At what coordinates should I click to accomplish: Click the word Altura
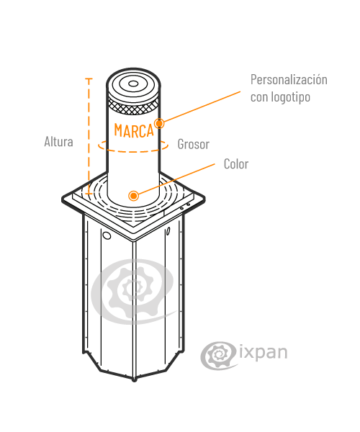point(58,142)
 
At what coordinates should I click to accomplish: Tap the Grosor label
point(194,144)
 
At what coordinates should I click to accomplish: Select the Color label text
point(236,164)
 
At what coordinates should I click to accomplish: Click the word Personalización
point(289,80)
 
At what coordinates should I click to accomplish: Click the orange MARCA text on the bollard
point(134,130)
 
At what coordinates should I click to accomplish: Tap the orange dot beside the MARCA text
point(159,123)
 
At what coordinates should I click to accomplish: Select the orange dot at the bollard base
point(134,196)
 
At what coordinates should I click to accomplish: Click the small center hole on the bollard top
point(134,84)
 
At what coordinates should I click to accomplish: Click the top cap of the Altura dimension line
point(89,78)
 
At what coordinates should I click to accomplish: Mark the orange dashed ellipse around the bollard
point(133,151)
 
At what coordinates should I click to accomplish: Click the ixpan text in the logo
point(264,352)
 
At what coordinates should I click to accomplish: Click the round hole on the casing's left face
point(107,235)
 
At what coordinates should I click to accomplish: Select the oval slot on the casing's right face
point(168,231)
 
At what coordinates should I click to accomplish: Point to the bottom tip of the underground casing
point(134,380)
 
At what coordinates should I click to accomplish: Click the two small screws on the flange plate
point(185,207)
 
